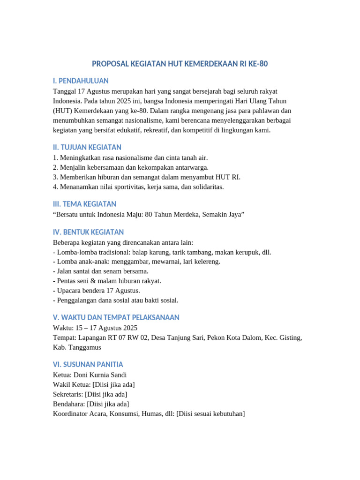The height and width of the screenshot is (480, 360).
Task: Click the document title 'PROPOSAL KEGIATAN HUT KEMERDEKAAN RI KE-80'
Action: click(x=180, y=64)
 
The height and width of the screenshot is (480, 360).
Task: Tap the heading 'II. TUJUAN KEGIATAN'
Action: click(x=87, y=148)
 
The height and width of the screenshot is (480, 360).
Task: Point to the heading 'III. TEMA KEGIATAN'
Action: click(x=84, y=204)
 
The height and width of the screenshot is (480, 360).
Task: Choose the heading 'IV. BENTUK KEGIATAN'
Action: click(x=88, y=232)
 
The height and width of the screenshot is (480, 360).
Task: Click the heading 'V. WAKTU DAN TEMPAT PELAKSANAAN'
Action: click(x=116, y=317)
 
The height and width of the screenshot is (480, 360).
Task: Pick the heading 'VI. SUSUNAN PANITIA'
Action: click(x=88, y=364)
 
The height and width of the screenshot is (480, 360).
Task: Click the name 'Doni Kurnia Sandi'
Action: click(x=100, y=375)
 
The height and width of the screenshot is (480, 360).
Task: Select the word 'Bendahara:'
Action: click(x=68, y=404)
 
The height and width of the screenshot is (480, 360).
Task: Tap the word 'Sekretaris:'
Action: click(x=68, y=394)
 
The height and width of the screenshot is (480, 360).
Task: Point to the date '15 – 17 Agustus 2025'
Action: click(x=105, y=328)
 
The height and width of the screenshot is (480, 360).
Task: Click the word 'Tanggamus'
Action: click(x=85, y=347)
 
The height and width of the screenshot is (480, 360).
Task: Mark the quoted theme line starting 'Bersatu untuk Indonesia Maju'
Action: click(x=149, y=214)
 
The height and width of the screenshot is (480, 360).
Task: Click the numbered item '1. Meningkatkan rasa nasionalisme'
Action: click(x=130, y=158)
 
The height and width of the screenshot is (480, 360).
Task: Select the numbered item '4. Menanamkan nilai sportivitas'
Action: click(x=138, y=187)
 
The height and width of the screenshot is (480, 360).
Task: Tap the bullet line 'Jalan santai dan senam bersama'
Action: click(x=102, y=271)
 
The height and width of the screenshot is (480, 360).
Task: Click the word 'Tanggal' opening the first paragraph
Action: click(x=65, y=91)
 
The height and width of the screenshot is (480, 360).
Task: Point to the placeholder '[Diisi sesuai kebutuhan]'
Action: click(x=210, y=413)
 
